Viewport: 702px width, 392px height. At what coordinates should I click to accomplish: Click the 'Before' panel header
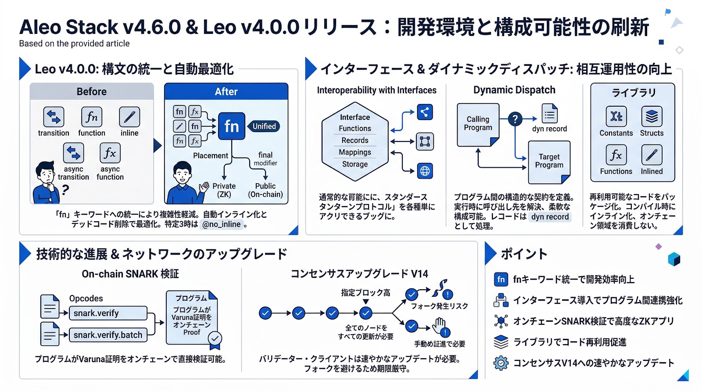tap(92, 91)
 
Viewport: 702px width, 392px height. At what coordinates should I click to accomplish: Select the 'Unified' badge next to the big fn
tap(264, 126)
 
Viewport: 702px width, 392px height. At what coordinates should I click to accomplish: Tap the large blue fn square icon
tap(232, 126)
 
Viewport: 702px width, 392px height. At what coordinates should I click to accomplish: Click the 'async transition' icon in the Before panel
tap(73, 153)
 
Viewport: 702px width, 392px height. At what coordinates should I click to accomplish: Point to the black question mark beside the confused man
tap(65, 190)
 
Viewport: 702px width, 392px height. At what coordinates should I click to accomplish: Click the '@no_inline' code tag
tap(222, 224)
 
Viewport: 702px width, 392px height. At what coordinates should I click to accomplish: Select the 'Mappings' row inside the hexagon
tap(355, 152)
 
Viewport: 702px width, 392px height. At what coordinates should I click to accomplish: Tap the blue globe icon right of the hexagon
tap(425, 171)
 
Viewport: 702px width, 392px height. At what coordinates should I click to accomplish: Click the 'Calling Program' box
tap(478, 124)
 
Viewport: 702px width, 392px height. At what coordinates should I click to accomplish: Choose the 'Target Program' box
tap(549, 162)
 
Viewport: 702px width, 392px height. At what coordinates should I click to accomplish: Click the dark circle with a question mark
tap(515, 119)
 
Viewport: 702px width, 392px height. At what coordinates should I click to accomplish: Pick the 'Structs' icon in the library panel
tap(652, 116)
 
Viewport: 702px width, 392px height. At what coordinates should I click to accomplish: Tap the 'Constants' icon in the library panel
tap(616, 116)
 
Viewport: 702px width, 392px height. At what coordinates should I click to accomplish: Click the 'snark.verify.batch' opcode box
tap(108, 335)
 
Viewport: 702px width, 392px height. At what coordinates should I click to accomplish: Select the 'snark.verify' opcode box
tap(108, 313)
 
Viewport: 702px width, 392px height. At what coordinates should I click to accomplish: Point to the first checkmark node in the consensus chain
tap(265, 313)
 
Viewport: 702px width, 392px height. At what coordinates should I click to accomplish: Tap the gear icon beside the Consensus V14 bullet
tap(501, 363)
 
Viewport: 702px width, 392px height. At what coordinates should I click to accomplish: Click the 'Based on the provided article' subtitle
tap(74, 43)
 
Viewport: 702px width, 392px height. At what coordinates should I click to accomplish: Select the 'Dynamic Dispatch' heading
tap(514, 90)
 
